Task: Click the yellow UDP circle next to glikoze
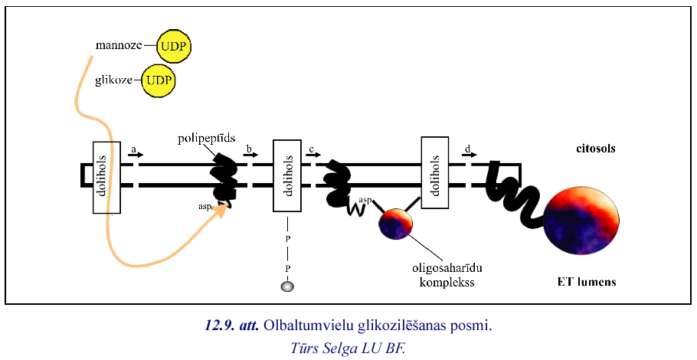pyautogui.click(x=159, y=80)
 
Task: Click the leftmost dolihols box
pyautogui.click(x=106, y=178)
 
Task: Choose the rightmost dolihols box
pyautogui.click(x=434, y=172)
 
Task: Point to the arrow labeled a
pyautogui.click(x=135, y=154)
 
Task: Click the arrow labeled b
pyautogui.click(x=250, y=154)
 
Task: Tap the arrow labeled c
pyautogui.click(x=313, y=154)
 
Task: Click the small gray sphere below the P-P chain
pyautogui.click(x=288, y=286)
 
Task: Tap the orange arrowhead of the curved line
pyautogui.click(x=222, y=209)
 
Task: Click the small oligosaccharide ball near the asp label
pyautogui.click(x=395, y=223)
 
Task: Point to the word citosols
pyautogui.click(x=595, y=149)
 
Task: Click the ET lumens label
pyautogui.click(x=587, y=282)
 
